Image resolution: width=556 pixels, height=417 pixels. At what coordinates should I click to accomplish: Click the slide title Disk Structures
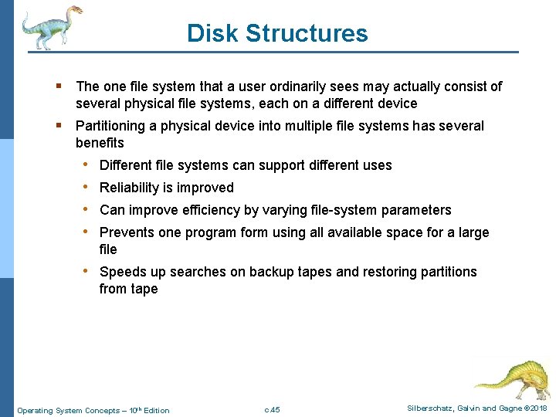coord(277,33)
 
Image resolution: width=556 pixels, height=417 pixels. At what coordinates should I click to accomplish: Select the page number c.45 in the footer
coord(272,409)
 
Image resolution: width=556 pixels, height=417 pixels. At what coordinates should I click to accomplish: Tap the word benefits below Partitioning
coord(100,143)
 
